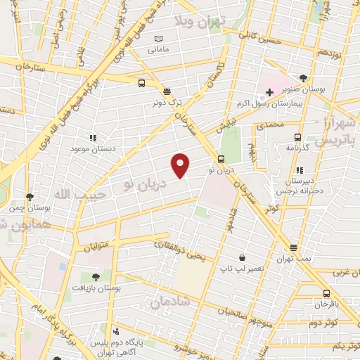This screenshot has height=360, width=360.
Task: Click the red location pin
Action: pyautogui.click(x=181, y=165)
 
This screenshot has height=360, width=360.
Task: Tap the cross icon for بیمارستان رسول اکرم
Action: pyautogui.click(x=269, y=94)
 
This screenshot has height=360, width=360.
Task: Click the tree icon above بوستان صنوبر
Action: pyautogui.click(x=303, y=78)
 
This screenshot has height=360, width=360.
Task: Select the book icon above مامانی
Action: pyautogui.click(x=158, y=38)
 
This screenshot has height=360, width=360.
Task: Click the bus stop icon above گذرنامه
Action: pyautogui.click(x=298, y=138)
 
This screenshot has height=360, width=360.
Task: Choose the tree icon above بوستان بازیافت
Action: pyautogui.click(x=96, y=276)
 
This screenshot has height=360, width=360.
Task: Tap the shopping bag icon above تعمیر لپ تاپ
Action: pyautogui.click(x=243, y=258)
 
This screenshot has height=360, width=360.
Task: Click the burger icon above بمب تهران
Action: pyautogui.click(x=293, y=248)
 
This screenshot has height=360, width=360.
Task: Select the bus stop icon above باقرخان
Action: pyautogui.click(x=326, y=294)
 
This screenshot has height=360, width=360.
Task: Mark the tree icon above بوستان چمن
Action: pyautogui.click(x=30, y=197)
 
